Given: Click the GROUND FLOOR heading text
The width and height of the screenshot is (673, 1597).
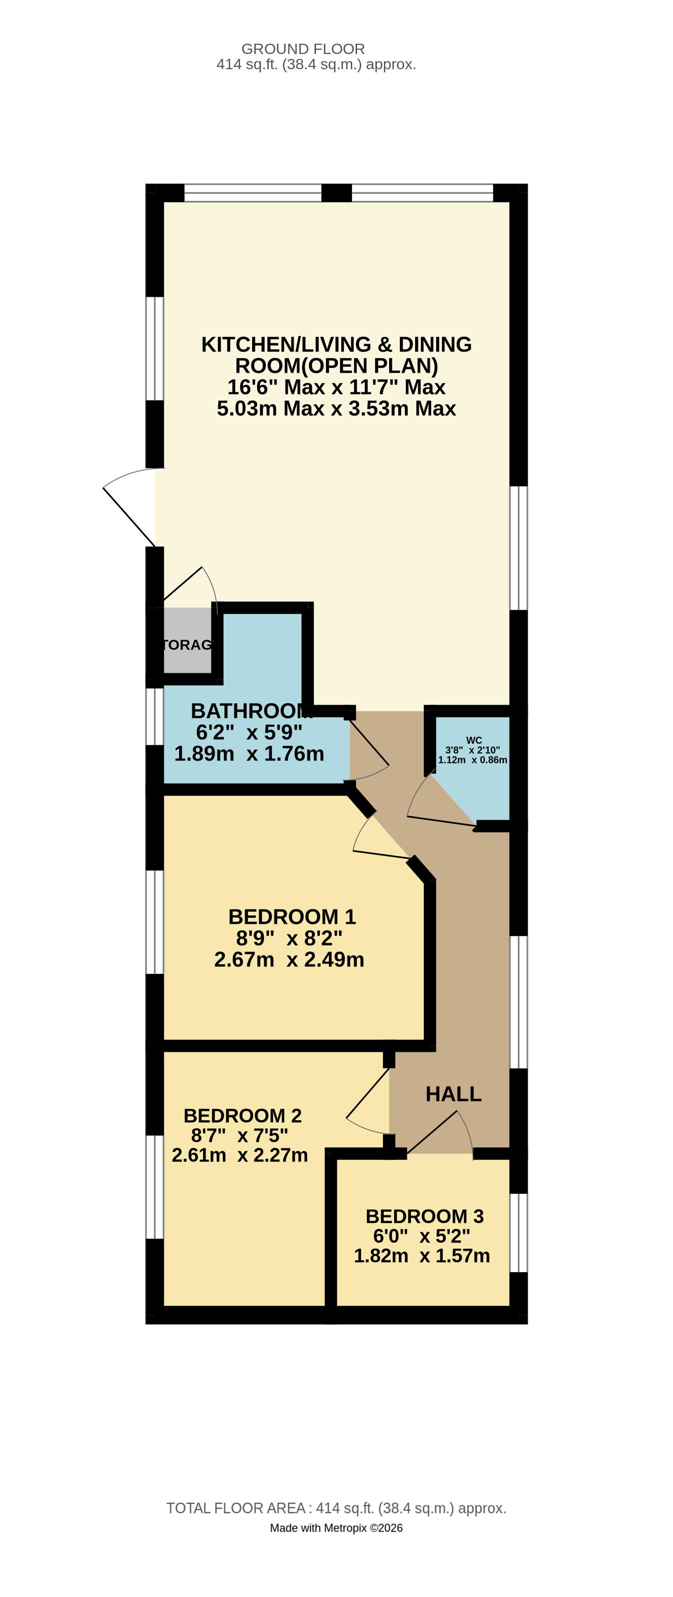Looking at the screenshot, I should (x=303, y=49).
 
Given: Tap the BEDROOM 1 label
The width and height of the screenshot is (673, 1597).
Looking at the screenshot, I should (x=291, y=916).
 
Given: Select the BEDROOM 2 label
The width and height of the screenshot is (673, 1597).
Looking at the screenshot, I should (x=242, y=1115).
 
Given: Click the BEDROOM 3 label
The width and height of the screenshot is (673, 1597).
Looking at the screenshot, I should (x=424, y=1216).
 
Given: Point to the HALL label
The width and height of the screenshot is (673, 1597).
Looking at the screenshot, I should (x=453, y=1094).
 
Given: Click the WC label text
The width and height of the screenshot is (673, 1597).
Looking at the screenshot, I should (x=474, y=740).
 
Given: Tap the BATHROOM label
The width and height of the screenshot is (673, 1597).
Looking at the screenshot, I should (x=250, y=711).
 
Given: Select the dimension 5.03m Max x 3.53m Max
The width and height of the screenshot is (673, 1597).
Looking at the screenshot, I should (x=336, y=408).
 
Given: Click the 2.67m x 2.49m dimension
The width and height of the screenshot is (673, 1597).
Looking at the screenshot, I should (x=289, y=959).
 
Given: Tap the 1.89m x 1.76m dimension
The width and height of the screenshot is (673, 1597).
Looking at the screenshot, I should (x=249, y=753).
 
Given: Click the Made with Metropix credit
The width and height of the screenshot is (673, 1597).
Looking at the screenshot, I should (x=336, y=1527).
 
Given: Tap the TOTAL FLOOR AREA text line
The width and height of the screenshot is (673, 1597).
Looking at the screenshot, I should (x=336, y=1508).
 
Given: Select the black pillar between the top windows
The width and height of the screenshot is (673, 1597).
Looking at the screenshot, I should (x=336, y=193).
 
